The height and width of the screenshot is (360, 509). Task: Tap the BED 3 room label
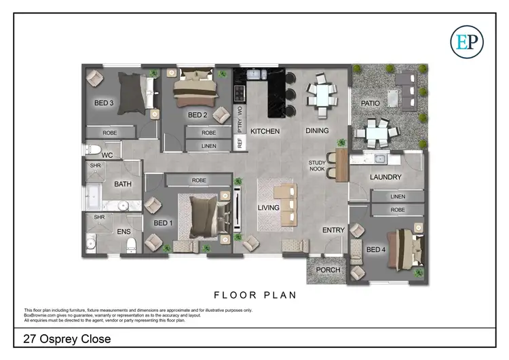[104, 103]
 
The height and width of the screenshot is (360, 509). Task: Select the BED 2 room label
[197, 115]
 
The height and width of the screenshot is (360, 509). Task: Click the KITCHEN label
[265, 130]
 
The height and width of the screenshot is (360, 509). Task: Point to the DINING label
[317, 130]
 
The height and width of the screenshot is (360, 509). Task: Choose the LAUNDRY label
[385, 177]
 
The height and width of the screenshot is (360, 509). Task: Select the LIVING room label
[269, 208]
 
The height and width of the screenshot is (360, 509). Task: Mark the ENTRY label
[333, 230]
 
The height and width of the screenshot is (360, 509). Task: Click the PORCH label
[328, 270]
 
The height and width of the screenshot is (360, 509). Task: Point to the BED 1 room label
[163, 223]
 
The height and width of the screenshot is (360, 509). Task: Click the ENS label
[124, 232]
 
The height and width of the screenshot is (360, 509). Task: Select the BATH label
[123, 184]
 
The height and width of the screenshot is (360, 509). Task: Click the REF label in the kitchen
[239, 143]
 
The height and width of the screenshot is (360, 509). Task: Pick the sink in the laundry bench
[381, 160]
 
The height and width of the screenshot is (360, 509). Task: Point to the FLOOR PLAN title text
[254, 295]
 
